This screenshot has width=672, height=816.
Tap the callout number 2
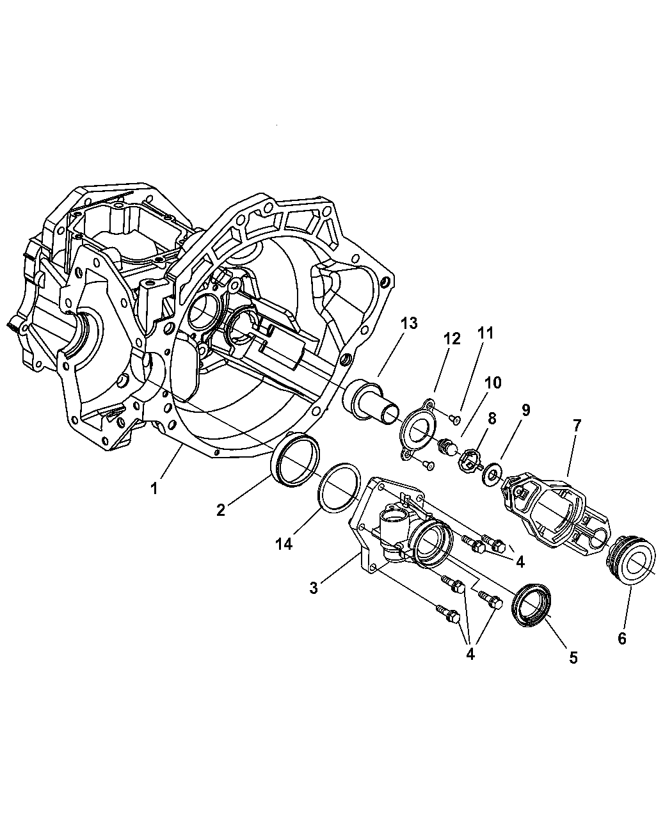click(x=221, y=509)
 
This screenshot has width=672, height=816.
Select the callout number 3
click(x=314, y=588)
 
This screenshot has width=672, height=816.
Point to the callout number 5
click(x=573, y=657)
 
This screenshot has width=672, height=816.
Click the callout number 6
click(x=623, y=638)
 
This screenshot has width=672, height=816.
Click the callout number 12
click(x=452, y=339)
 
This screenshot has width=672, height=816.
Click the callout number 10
click(x=493, y=383)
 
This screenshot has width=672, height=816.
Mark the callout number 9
click(x=525, y=410)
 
